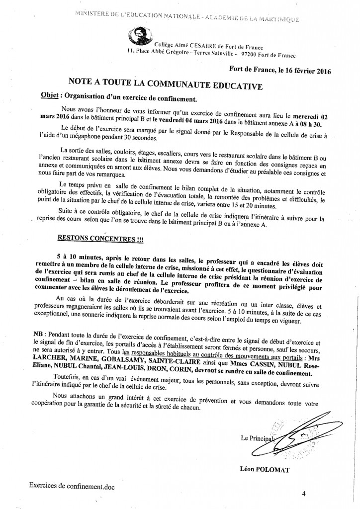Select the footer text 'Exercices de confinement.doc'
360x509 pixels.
tap(72, 486)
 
